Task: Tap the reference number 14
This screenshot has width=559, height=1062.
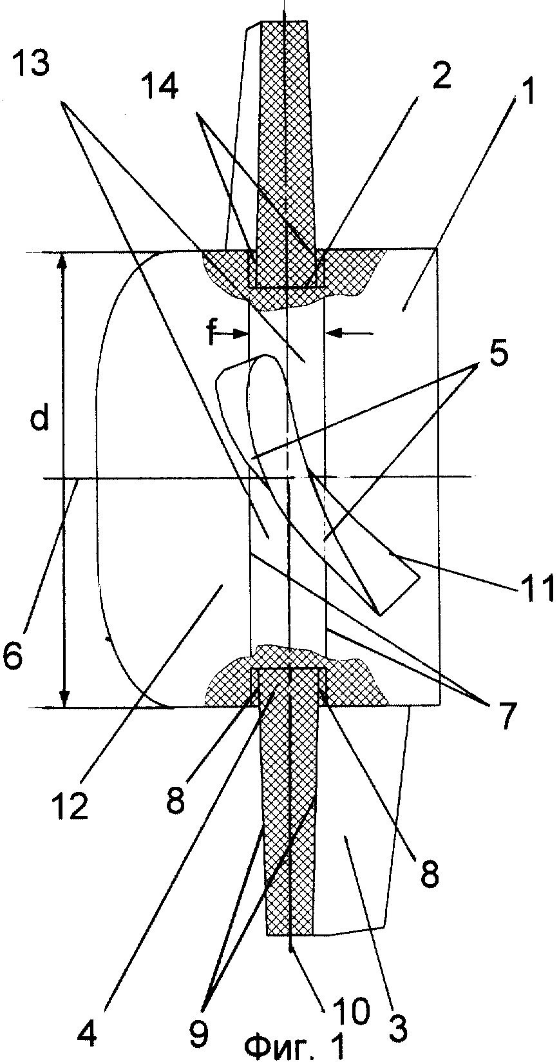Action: point(161,87)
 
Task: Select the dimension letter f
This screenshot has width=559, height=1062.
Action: point(212,333)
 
